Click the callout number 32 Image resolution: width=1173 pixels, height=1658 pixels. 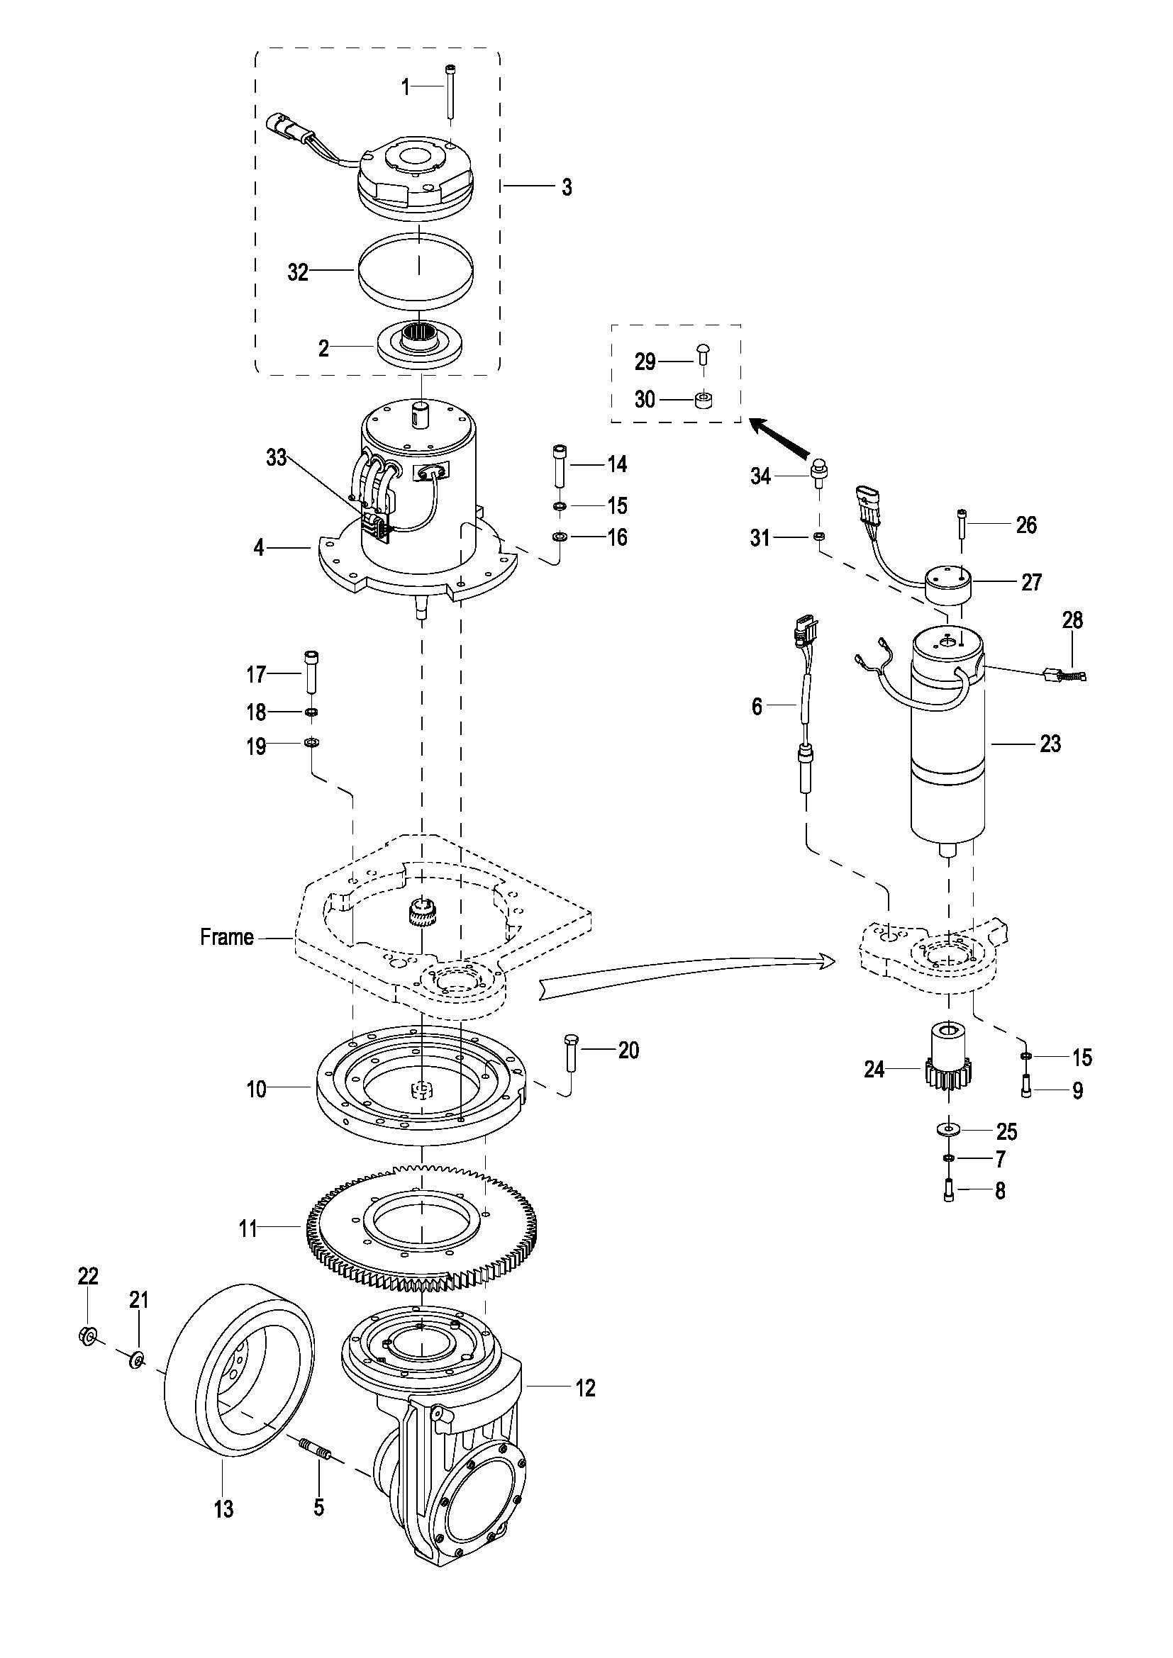(x=298, y=272)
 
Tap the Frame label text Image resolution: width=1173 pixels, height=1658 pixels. (x=227, y=937)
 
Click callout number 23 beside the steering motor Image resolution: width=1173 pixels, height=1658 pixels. (x=1050, y=744)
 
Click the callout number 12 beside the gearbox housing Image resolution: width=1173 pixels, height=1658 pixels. (x=585, y=1388)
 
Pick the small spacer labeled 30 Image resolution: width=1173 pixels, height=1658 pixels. (x=701, y=399)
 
